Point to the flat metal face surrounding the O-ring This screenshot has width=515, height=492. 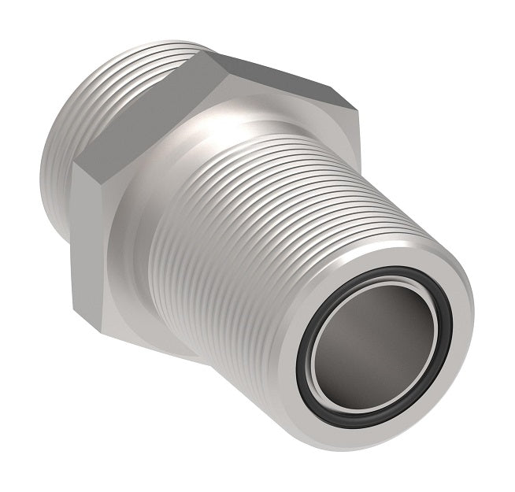pyautogui.click(x=441, y=378)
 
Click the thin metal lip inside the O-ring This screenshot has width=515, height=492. pyautogui.click(x=322, y=346)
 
